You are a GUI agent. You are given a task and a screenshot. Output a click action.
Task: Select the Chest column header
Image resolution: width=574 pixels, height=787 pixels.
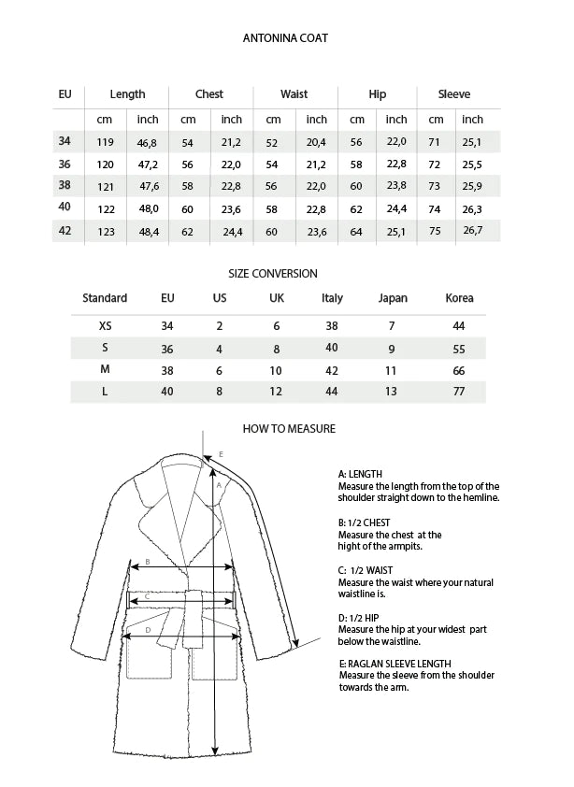coord(209,94)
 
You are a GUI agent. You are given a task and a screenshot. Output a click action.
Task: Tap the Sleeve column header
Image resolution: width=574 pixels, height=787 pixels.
coord(455,94)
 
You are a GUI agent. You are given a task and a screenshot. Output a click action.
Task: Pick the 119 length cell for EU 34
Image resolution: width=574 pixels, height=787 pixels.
coord(106,142)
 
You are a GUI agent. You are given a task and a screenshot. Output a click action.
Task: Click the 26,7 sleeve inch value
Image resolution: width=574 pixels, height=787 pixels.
coord(473,231)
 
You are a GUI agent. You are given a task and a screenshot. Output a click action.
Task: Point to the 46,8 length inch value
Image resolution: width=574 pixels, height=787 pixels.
coord(148,142)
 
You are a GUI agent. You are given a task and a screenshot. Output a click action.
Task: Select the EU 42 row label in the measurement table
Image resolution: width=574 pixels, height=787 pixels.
coord(65,230)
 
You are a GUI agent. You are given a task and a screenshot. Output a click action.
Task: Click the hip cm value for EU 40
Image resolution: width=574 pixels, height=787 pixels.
coord(356,209)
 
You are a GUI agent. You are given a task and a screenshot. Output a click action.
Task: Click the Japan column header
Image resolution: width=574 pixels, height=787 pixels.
coord(393,298)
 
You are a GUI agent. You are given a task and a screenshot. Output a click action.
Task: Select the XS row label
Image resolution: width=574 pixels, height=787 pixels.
coord(105,326)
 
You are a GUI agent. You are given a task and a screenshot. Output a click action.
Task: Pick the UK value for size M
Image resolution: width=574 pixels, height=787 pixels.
coord(276,370)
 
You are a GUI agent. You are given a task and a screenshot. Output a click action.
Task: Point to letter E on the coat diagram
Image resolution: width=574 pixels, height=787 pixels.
coord(221,455)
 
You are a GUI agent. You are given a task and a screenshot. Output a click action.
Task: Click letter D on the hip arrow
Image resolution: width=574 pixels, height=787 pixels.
coord(149,630)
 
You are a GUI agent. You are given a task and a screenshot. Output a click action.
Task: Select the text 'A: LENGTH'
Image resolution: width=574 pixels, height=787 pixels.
coord(360,474)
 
